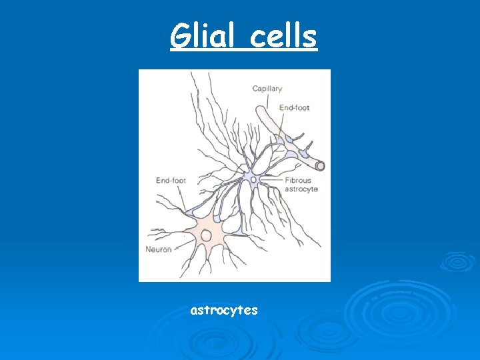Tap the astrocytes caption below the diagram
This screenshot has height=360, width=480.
(224, 310)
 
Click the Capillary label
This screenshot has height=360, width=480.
(267, 89)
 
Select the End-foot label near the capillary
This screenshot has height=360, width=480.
(294, 108)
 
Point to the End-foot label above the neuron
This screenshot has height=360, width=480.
(171, 181)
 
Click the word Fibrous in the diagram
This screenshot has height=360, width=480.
(297, 181)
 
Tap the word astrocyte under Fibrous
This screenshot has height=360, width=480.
(301, 189)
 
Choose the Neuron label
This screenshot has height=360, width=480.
(159, 249)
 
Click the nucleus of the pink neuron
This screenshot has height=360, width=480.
(207, 235)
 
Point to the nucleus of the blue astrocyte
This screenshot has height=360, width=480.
(253, 179)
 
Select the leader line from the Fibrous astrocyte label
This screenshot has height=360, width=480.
(271, 181)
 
